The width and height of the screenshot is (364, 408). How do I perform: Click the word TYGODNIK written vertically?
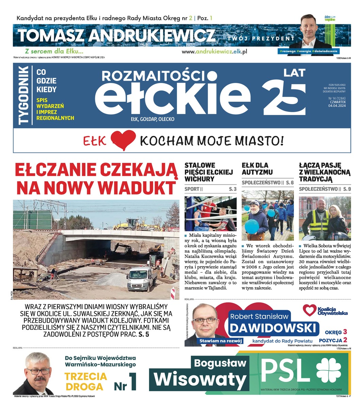[23, 96]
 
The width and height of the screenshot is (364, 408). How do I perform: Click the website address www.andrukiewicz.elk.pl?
[214, 51]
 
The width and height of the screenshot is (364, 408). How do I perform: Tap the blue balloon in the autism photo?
[252, 226]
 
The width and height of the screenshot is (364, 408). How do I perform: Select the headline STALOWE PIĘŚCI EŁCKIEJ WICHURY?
[208, 172]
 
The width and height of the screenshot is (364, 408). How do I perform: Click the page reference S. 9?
[347, 189]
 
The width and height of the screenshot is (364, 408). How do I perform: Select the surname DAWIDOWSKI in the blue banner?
[274, 328]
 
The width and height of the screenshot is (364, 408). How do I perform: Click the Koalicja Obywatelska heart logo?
[309, 310]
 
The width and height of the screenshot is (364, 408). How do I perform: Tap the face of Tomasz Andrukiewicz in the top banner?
[311, 29]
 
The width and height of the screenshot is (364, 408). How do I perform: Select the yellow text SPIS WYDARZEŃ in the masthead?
[50, 103]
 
